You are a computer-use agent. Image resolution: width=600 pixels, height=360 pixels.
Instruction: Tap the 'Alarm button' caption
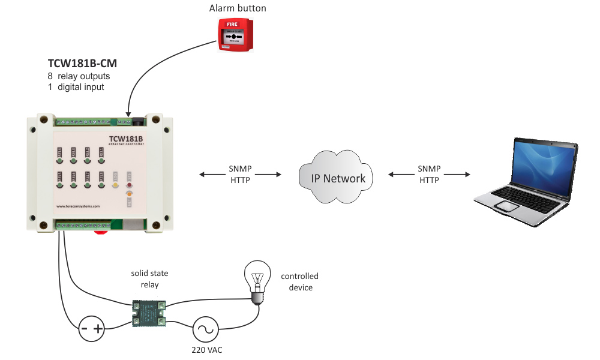click(238, 8)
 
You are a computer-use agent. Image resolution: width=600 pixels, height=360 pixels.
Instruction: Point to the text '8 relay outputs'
click(79, 76)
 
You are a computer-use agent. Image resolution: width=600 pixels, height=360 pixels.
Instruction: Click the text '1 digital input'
click(76, 87)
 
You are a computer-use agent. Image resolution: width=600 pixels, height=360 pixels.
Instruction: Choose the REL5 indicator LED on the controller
click(59, 184)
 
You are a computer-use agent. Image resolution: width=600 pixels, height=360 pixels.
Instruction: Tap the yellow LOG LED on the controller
click(115, 184)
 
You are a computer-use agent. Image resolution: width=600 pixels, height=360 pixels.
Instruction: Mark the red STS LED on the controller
click(128, 185)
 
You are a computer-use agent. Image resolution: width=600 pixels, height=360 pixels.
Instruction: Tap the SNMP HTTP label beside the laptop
click(430, 175)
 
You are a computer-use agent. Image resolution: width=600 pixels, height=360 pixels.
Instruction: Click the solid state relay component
click(149, 313)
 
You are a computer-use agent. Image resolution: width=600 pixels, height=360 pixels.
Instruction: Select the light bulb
click(256, 282)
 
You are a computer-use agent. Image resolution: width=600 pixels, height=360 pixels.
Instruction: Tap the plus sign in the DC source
click(98, 328)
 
